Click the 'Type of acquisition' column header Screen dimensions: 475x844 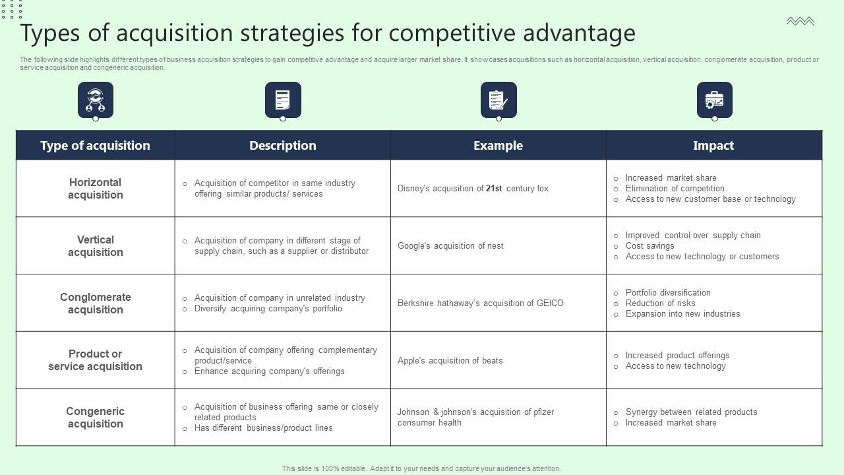[95, 145]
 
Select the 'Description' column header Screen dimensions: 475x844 [282, 145]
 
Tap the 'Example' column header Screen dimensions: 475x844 [498, 145]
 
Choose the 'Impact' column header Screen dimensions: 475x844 [713, 145]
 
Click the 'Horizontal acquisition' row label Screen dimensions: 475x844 [95, 189]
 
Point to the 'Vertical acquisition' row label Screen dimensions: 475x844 [95, 246]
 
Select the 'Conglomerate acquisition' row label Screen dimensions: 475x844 [95, 303]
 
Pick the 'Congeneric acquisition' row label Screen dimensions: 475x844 [95, 418]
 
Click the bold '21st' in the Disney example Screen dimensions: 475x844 [494, 189]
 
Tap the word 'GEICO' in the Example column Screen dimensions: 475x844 [550, 303]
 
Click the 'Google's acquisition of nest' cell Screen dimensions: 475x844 [450, 246]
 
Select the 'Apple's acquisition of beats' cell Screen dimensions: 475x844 [450, 361]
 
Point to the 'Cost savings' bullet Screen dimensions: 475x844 [649, 246]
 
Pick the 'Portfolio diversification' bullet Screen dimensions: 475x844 [668, 293]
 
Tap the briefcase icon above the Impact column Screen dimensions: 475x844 [714, 100]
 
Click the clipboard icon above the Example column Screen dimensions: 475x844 [498, 100]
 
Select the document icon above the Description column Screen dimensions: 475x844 [283, 100]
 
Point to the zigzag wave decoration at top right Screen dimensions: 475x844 [800, 22]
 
